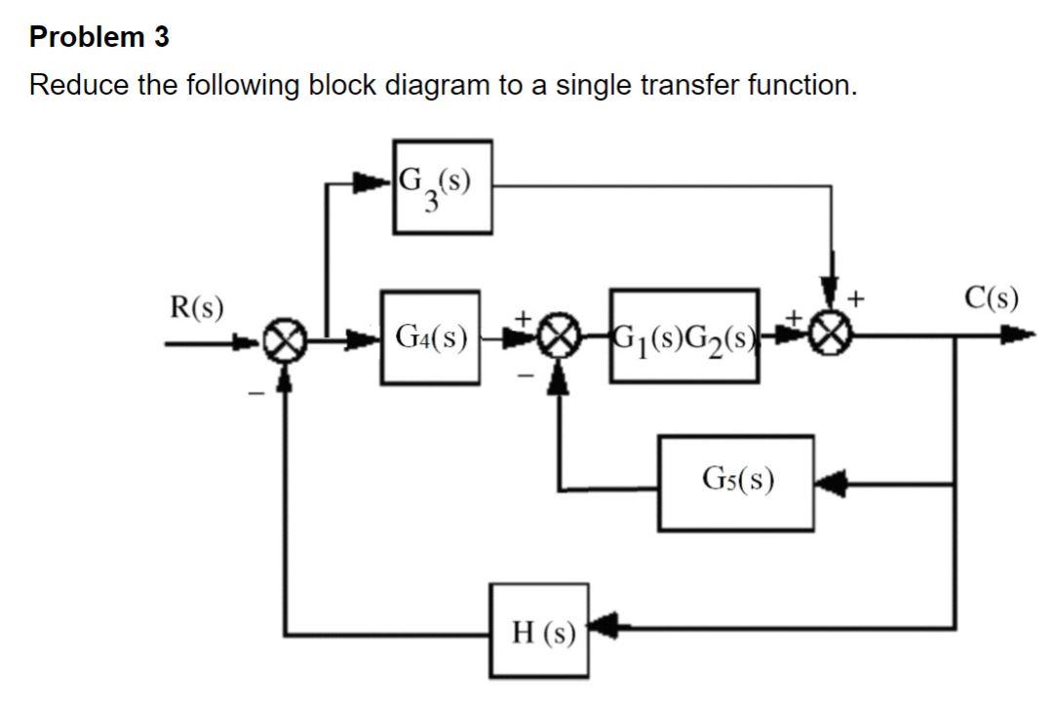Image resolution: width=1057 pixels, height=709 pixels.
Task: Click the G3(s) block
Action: coord(443,186)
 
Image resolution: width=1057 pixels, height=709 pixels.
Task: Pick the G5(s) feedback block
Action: coord(737,482)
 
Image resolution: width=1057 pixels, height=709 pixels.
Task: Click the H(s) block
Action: coord(539,630)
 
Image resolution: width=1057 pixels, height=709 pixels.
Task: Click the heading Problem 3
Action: coord(99,37)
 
